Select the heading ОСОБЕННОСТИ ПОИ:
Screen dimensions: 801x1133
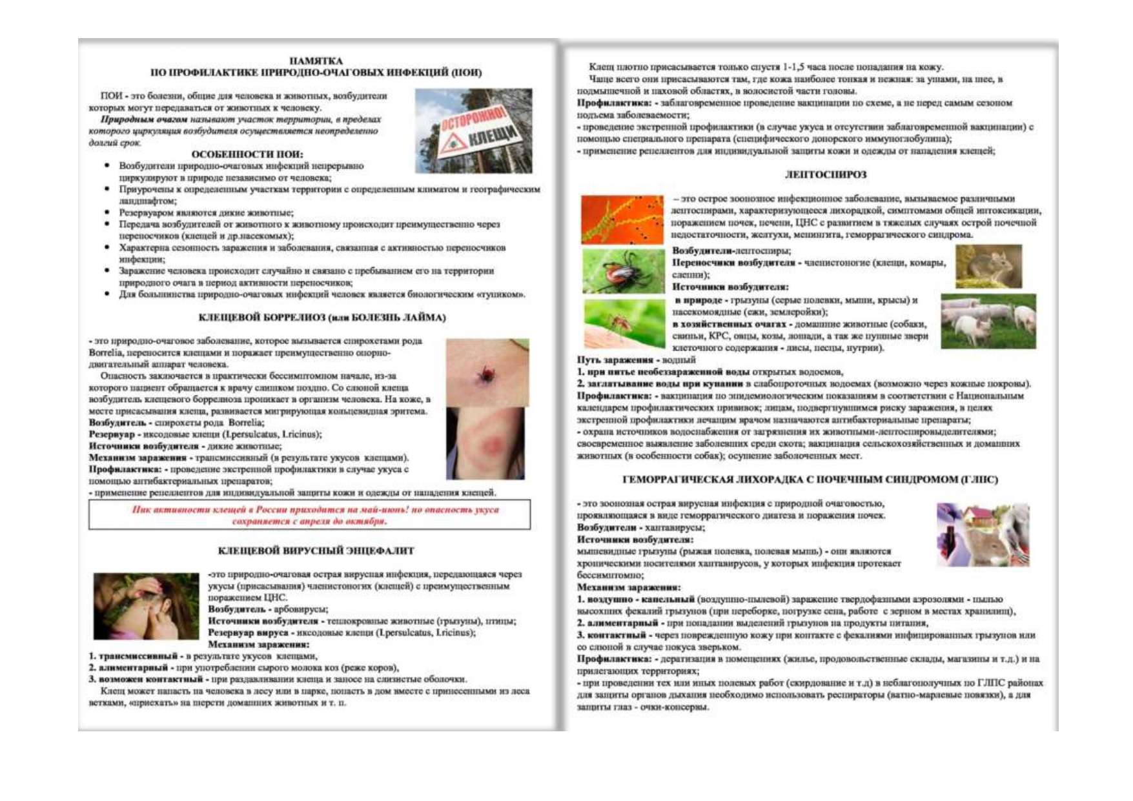click(247, 154)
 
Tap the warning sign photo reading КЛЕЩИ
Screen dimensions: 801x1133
click(474, 131)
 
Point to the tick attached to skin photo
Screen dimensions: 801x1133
click(487, 372)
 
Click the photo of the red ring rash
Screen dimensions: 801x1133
click(486, 443)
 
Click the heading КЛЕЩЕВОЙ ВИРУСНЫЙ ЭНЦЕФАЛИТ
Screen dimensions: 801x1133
click(316, 551)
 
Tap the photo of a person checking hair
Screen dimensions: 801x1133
click(146, 606)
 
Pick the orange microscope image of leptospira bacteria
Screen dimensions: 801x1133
click(622, 219)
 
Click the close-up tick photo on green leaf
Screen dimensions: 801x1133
click(622, 272)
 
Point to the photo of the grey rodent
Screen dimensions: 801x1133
click(988, 266)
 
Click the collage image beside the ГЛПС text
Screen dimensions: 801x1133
click(983, 534)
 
